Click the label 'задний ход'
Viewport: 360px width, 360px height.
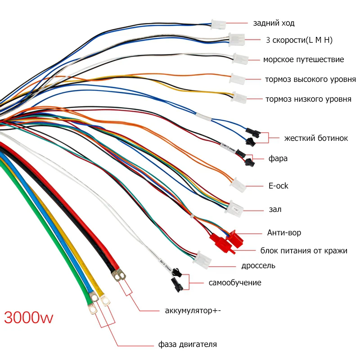click(274, 23)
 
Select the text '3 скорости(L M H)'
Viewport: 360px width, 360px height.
click(299, 40)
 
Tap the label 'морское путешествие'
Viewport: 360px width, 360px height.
click(303, 59)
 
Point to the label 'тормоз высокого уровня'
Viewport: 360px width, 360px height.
click(310, 80)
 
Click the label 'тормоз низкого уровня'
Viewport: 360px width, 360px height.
click(308, 99)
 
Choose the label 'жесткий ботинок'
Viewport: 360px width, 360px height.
click(316, 138)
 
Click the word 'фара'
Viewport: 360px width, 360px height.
click(278, 158)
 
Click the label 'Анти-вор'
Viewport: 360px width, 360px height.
click(284, 233)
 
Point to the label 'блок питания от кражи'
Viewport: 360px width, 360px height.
click(304, 251)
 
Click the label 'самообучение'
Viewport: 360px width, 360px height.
click(235, 283)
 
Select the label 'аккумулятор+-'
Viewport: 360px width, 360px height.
click(193, 310)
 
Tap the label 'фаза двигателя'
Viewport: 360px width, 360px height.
click(187, 345)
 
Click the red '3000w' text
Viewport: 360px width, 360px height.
click(28, 318)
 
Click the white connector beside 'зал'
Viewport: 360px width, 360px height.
click(234, 207)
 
